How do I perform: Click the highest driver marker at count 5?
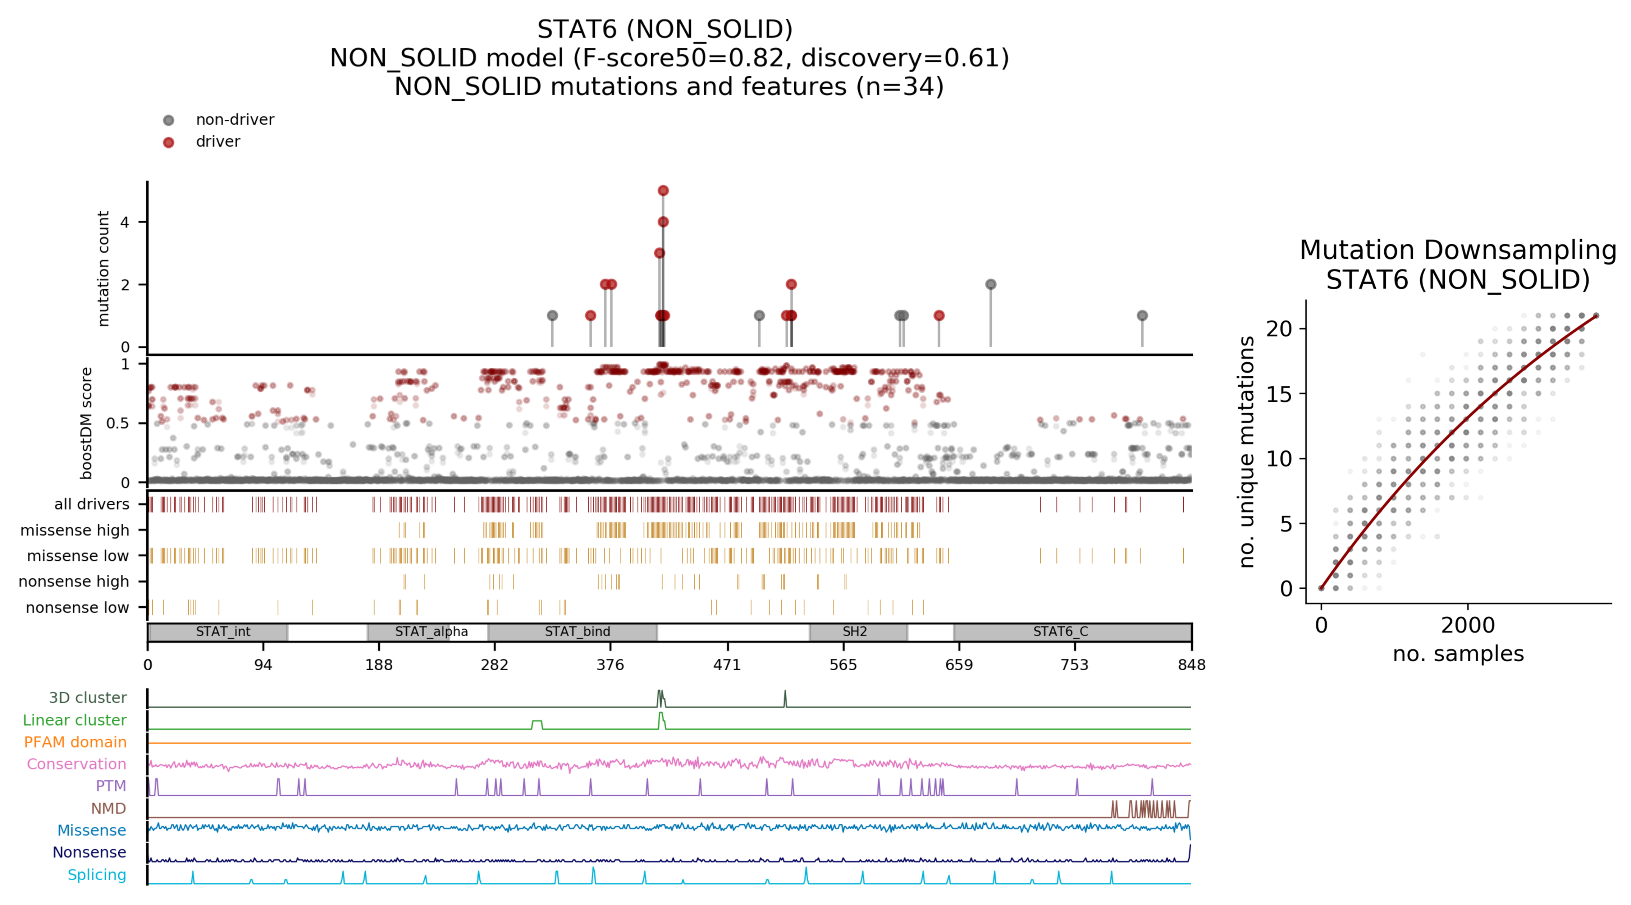click(x=663, y=190)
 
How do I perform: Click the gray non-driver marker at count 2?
click(x=991, y=284)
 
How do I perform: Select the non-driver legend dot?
click(x=168, y=120)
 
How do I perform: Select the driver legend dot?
click(x=168, y=142)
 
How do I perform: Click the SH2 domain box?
click(x=858, y=631)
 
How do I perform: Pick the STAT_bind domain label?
click(x=577, y=631)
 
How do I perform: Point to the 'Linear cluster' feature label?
click(x=75, y=720)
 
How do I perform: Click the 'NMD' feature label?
click(x=108, y=808)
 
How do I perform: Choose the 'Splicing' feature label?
click(x=97, y=874)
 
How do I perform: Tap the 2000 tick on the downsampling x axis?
click(x=1468, y=625)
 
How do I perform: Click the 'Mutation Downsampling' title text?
click(x=1458, y=251)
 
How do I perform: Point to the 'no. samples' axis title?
click(x=1458, y=654)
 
